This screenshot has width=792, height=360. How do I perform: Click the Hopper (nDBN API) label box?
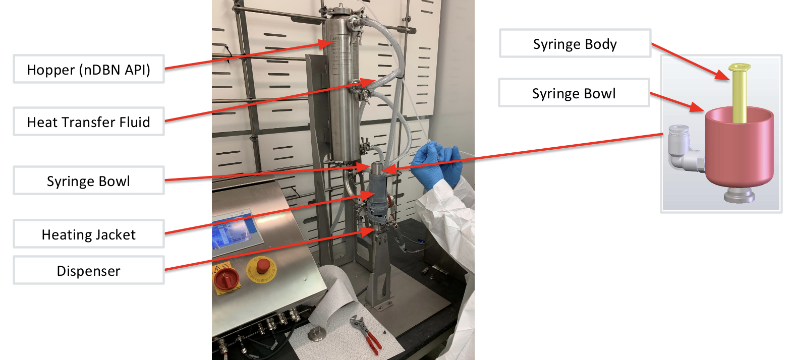click(x=88, y=69)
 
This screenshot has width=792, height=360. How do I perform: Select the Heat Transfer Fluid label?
click(x=88, y=122)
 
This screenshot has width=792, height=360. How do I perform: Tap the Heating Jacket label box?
click(x=88, y=234)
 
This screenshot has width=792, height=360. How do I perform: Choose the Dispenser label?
click(x=88, y=270)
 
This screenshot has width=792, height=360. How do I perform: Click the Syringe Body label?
click(x=575, y=43)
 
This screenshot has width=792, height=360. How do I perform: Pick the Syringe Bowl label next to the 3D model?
click(x=574, y=93)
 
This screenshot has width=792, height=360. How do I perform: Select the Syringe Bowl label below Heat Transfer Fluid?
click(x=88, y=181)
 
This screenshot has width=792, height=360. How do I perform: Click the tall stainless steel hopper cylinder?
click(x=343, y=86)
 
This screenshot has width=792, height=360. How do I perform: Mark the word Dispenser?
click(x=88, y=271)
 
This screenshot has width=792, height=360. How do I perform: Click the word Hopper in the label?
click(x=50, y=70)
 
